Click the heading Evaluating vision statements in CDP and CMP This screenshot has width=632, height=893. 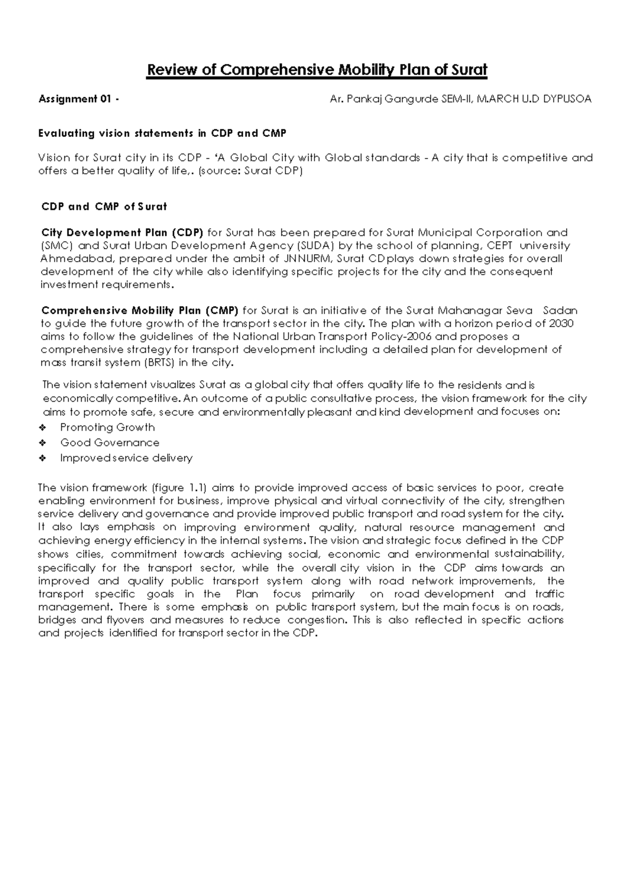coord(162,133)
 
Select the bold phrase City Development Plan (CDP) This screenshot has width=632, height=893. coord(122,233)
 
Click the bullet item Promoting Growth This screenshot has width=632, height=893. coord(107,428)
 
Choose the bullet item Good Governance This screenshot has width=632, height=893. coord(110,443)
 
